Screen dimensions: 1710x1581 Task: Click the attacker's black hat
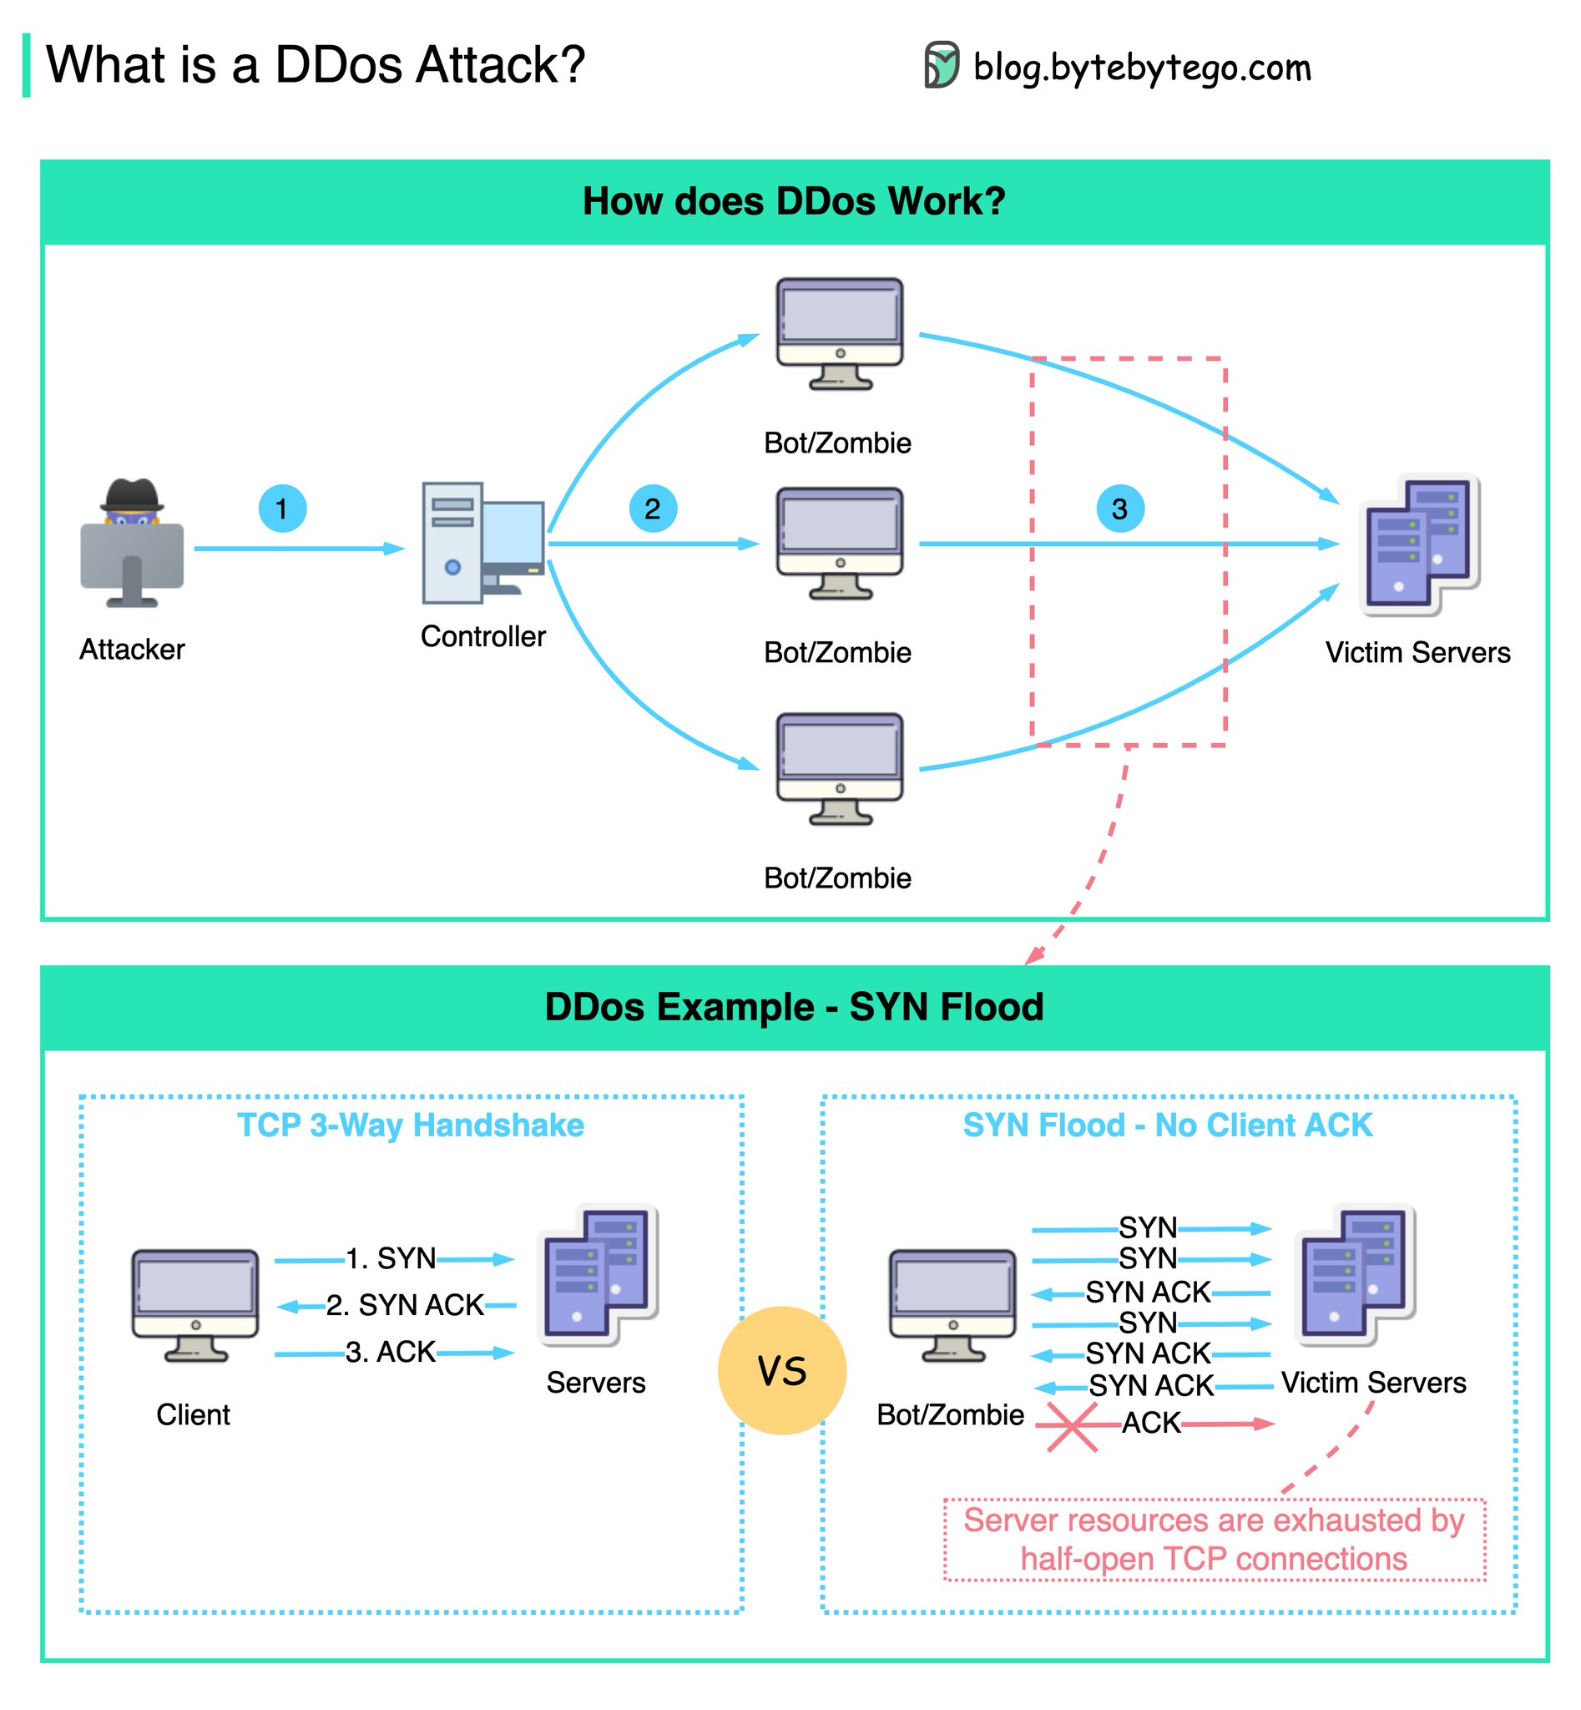coord(132,494)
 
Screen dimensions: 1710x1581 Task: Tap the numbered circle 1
coord(282,508)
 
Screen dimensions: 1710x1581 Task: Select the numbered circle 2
coord(653,508)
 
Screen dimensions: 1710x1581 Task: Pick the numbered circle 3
coord(1120,508)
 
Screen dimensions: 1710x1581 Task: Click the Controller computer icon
coord(482,544)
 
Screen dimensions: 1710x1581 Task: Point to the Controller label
coord(482,636)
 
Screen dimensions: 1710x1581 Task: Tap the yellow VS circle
coord(782,1370)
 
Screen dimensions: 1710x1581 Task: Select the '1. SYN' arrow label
coord(391,1258)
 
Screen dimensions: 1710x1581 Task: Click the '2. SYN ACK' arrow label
coord(405,1304)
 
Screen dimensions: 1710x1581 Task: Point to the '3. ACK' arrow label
coord(391,1352)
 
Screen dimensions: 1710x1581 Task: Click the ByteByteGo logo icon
coord(941,65)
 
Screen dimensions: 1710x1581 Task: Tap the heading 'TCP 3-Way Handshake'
coord(411,1125)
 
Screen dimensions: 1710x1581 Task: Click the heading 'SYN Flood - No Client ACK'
coord(1168,1125)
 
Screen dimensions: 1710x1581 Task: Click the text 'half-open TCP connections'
coord(1213,1559)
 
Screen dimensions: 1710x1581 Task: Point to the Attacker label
coord(132,649)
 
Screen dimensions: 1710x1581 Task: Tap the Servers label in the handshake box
coord(595,1382)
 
